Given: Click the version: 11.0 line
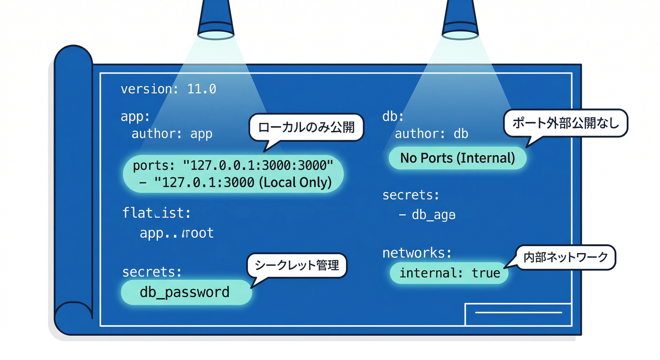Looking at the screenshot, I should point(168,89).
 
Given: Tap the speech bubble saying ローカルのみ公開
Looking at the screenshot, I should point(306,127).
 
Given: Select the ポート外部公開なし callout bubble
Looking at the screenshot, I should point(565,124).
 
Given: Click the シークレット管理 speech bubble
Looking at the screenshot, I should point(296,265).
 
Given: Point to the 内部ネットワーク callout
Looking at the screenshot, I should point(565,257).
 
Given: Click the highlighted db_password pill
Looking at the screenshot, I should point(186,292).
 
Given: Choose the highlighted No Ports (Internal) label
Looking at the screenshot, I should point(457,158).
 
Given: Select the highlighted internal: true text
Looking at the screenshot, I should point(449,273).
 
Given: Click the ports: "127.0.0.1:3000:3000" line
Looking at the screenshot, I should point(232,165).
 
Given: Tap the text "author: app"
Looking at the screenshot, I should point(172,134).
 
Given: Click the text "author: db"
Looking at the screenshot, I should point(431,134).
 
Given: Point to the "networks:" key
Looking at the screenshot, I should point(417,253).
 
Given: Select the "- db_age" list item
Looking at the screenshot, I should point(427,215).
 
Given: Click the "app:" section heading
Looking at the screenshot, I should point(135,116).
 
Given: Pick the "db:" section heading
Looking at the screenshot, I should point(393,116).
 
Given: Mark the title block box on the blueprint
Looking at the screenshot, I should point(517,314).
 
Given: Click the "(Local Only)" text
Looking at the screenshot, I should point(295,182).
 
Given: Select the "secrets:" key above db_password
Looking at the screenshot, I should point(152,272).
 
